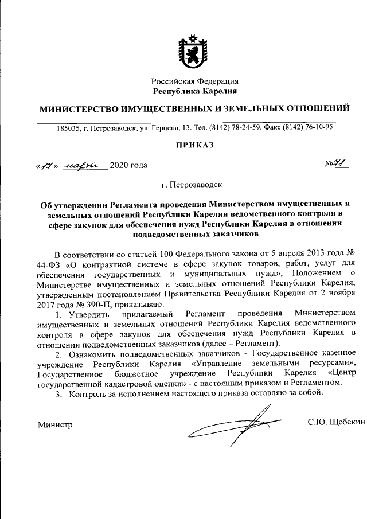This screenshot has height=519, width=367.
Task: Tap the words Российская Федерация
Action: coord(195,81)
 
